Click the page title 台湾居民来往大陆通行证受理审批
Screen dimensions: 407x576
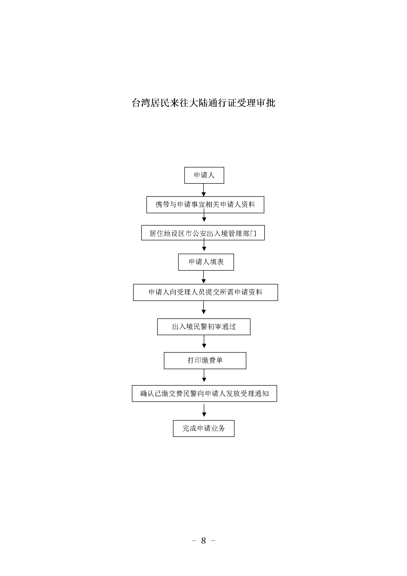point(203,103)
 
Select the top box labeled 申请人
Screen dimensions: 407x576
point(204,175)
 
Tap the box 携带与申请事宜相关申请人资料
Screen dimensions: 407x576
point(205,205)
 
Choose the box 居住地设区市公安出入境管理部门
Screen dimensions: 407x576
point(203,233)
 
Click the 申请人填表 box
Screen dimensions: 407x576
point(206,262)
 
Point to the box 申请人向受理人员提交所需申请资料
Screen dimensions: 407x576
point(205,292)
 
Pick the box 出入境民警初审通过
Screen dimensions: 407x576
point(204,327)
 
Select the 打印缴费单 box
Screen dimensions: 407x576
point(205,361)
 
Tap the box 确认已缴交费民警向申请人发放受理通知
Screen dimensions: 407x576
point(204,393)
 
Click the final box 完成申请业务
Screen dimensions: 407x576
point(204,428)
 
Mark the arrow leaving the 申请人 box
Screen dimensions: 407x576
point(204,190)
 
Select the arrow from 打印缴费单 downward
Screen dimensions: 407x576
point(204,375)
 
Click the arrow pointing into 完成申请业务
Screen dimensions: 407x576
point(204,411)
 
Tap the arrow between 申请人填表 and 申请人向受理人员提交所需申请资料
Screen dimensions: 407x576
point(204,277)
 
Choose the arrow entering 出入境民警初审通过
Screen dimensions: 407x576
point(204,307)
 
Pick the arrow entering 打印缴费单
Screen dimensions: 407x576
point(204,341)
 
